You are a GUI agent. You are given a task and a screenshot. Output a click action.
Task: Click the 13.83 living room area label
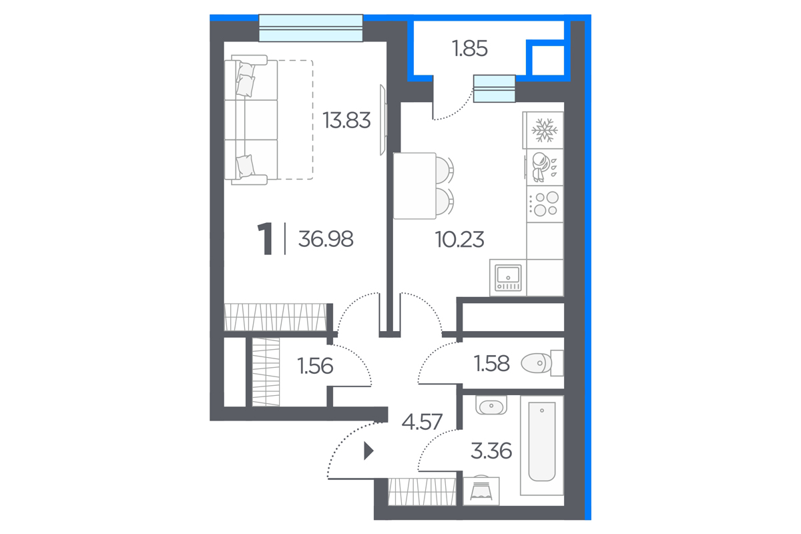click(x=346, y=120)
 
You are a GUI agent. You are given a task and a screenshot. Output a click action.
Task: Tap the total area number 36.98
click(x=326, y=239)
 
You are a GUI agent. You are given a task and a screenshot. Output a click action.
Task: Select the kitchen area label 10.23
click(x=459, y=239)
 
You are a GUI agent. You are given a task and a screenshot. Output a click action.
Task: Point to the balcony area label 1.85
click(x=469, y=49)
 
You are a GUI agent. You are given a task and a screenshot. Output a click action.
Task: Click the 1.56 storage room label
click(x=315, y=366)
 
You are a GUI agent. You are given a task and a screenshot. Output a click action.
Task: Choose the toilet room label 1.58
click(x=491, y=363)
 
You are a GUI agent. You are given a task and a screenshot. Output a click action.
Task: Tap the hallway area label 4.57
click(x=422, y=422)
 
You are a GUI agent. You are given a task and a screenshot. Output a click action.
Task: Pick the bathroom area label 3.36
click(x=491, y=451)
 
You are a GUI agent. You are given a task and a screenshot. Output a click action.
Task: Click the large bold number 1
click(x=266, y=238)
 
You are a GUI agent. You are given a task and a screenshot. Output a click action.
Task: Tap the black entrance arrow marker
click(x=368, y=451)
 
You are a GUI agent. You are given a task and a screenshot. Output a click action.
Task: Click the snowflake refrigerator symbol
click(x=544, y=130)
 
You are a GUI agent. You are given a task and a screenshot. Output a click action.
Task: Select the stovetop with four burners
click(x=545, y=204)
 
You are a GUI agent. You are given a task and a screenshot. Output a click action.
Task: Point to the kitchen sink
click(x=508, y=278)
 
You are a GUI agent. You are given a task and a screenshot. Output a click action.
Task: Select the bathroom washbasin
click(x=491, y=406)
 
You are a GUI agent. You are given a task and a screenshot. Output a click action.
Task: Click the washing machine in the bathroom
click(x=481, y=491)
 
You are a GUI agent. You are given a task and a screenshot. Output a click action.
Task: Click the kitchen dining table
click(x=415, y=186)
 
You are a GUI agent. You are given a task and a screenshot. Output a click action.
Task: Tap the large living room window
click(x=311, y=28)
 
